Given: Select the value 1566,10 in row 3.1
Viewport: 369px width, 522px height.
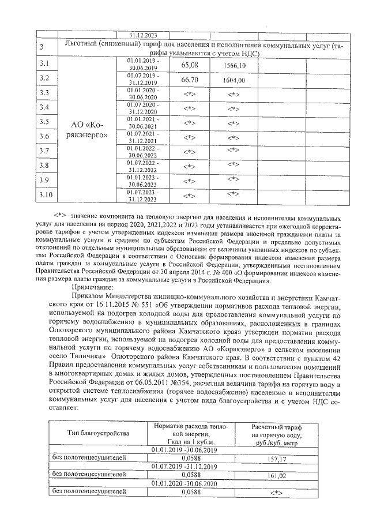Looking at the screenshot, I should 234,65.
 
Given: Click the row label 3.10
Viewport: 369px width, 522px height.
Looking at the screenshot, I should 46,197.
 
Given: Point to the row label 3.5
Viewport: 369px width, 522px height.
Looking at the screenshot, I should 44,122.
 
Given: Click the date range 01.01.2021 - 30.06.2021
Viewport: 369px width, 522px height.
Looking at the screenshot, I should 144,122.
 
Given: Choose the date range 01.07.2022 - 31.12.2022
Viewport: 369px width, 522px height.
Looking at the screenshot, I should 144,167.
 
